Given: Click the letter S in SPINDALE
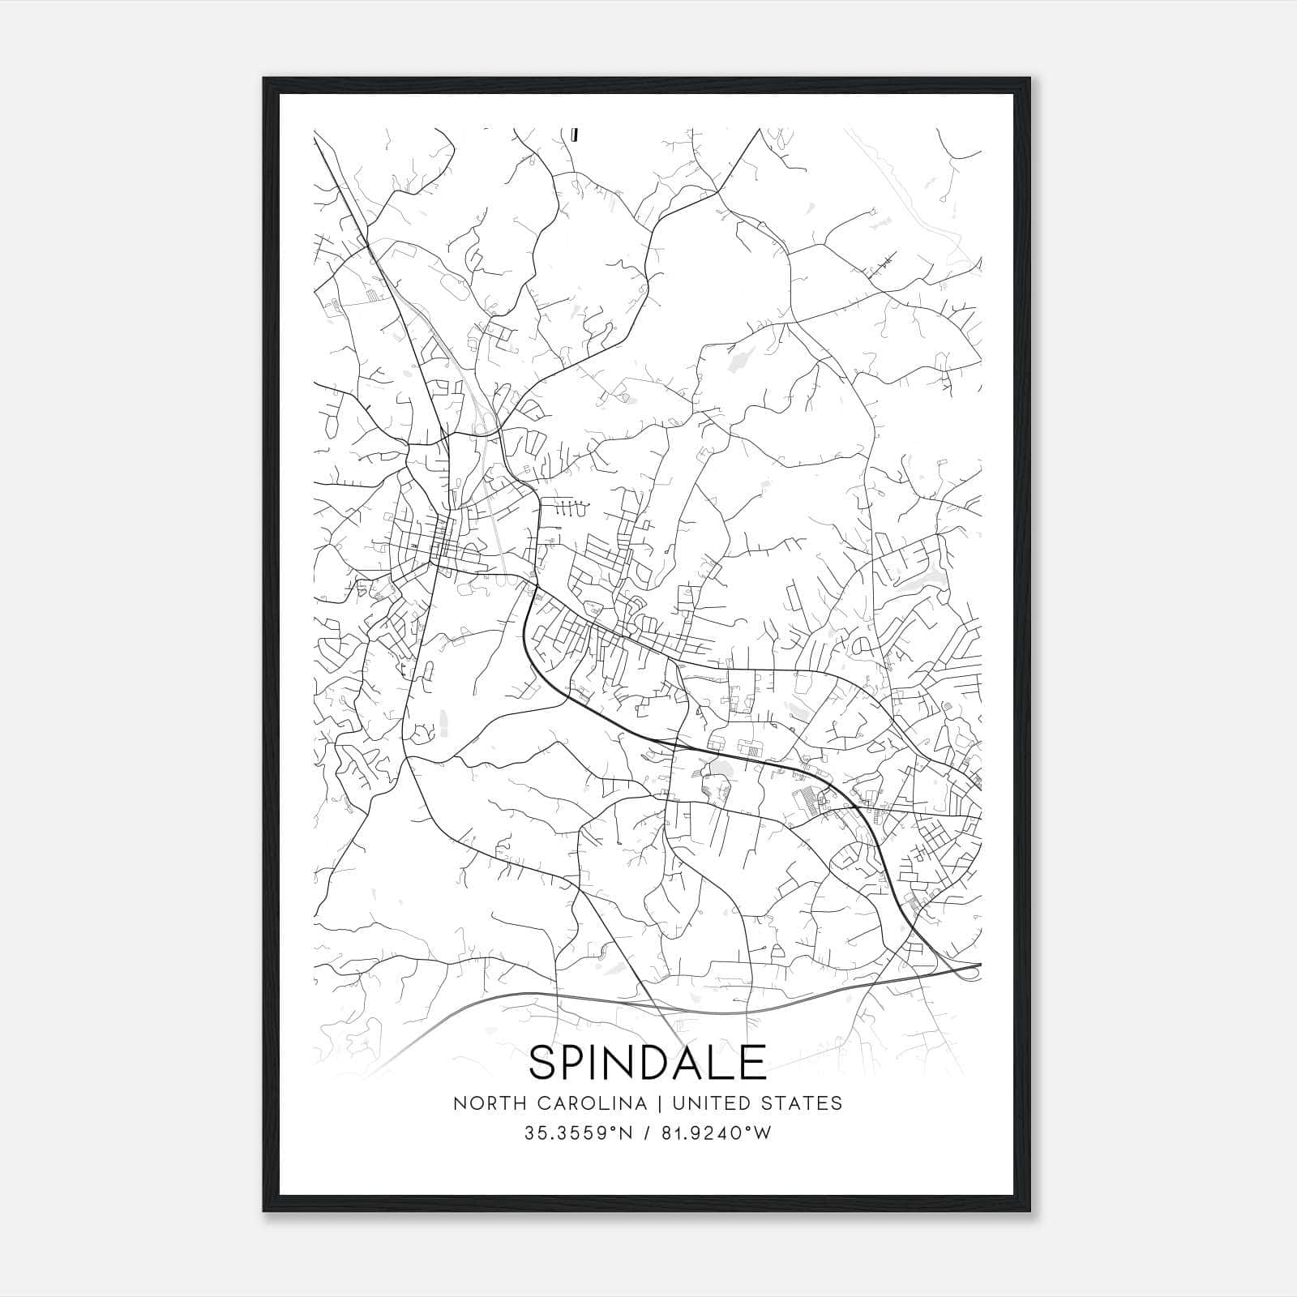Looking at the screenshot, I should click(x=543, y=1063).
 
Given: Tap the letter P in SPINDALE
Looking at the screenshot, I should click(x=577, y=1063).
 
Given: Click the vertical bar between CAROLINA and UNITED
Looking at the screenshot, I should click(x=657, y=1103).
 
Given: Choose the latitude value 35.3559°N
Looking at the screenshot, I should click(x=576, y=1133).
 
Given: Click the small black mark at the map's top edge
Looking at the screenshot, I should click(x=574, y=135).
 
